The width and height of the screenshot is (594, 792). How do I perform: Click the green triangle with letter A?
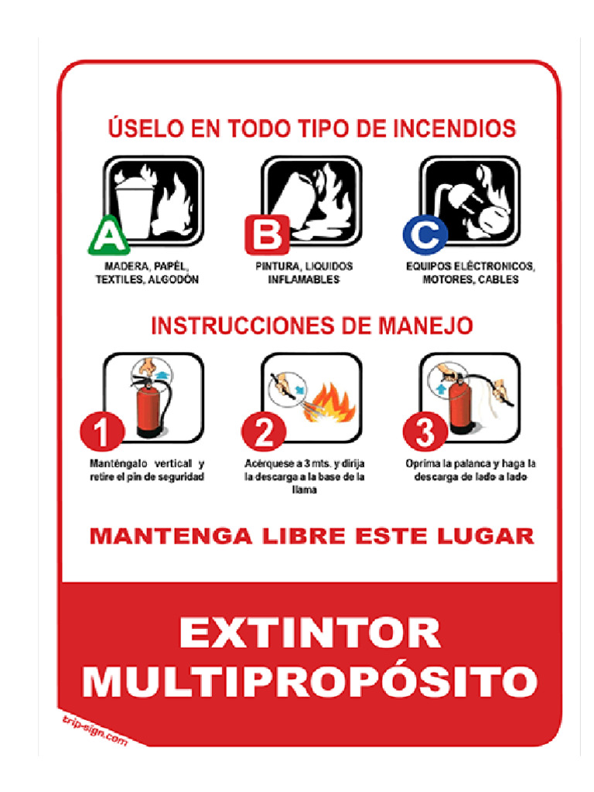tap(108, 237)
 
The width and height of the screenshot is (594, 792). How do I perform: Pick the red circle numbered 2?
tap(264, 432)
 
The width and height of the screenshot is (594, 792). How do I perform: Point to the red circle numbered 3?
tap(425, 432)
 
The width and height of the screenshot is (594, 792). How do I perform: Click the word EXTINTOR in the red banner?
tap(310, 633)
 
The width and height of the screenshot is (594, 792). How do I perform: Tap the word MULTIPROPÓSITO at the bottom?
tap(309, 681)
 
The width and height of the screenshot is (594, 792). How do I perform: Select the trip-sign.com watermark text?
tap(94, 729)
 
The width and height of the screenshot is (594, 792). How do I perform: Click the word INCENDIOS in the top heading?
tap(454, 128)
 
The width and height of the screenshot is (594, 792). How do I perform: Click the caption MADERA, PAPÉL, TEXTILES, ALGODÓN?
tap(147, 273)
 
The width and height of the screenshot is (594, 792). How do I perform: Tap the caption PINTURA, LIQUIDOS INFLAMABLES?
tap(304, 273)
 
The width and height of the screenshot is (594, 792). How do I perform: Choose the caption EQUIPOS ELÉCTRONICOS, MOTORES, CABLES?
tap(470, 273)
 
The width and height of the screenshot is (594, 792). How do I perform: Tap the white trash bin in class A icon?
tap(130, 203)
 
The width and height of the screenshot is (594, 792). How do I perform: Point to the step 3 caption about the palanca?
tap(470, 470)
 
